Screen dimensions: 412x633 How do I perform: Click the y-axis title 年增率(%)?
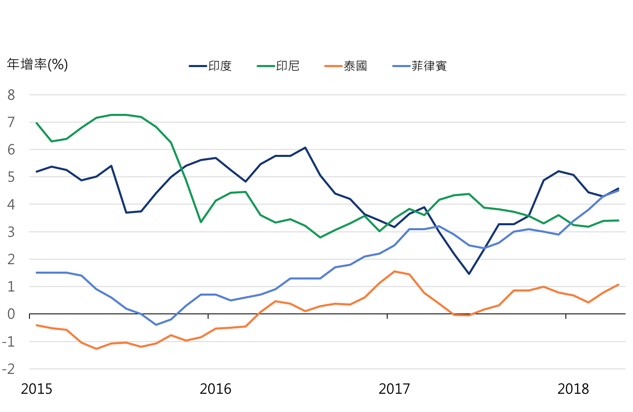(x=37, y=65)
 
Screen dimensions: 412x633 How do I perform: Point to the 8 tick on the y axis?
(x=11, y=95)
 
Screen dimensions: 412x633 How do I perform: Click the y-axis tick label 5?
(x=11, y=177)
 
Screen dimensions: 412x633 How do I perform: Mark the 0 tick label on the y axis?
(x=11, y=314)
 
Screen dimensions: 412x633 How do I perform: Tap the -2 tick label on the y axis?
(x=9, y=369)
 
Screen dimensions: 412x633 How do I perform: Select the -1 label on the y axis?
(x=9, y=342)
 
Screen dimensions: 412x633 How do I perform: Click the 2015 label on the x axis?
(x=36, y=389)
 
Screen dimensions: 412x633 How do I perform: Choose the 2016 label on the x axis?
(x=215, y=389)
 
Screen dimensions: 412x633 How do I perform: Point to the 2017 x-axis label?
(x=394, y=389)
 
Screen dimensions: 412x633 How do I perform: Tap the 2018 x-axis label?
(x=573, y=389)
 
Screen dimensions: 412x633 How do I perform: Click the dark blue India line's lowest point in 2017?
(x=469, y=274)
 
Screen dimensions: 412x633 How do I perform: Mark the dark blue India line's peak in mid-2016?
(x=305, y=147)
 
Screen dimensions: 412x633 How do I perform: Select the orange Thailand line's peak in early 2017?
(x=394, y=271)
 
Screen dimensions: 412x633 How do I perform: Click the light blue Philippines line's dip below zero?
(x=156, y=325)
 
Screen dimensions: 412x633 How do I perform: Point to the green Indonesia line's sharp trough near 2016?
(x=201, y=222)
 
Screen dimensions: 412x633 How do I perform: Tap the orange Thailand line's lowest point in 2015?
(x=96, y=349)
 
